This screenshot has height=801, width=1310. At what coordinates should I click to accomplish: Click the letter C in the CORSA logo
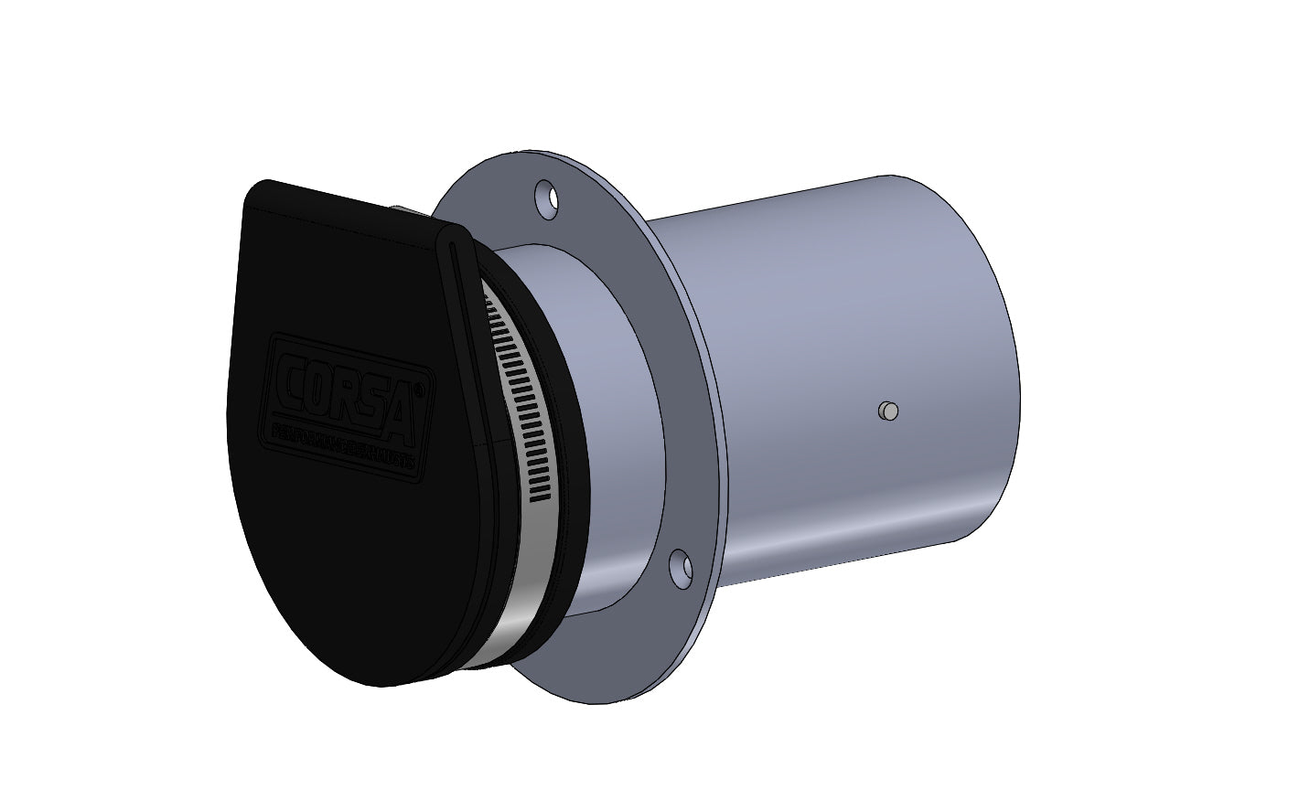pyautogui.click(x=290, y=374)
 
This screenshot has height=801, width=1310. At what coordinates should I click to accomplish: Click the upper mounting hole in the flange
pyautogui.click(x=546, y=198)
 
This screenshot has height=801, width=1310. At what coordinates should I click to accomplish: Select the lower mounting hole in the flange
pyautogui.click(x=682, y=568)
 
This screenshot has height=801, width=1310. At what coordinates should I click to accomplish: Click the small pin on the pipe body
pyautogui.click(x=886, y=411)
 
